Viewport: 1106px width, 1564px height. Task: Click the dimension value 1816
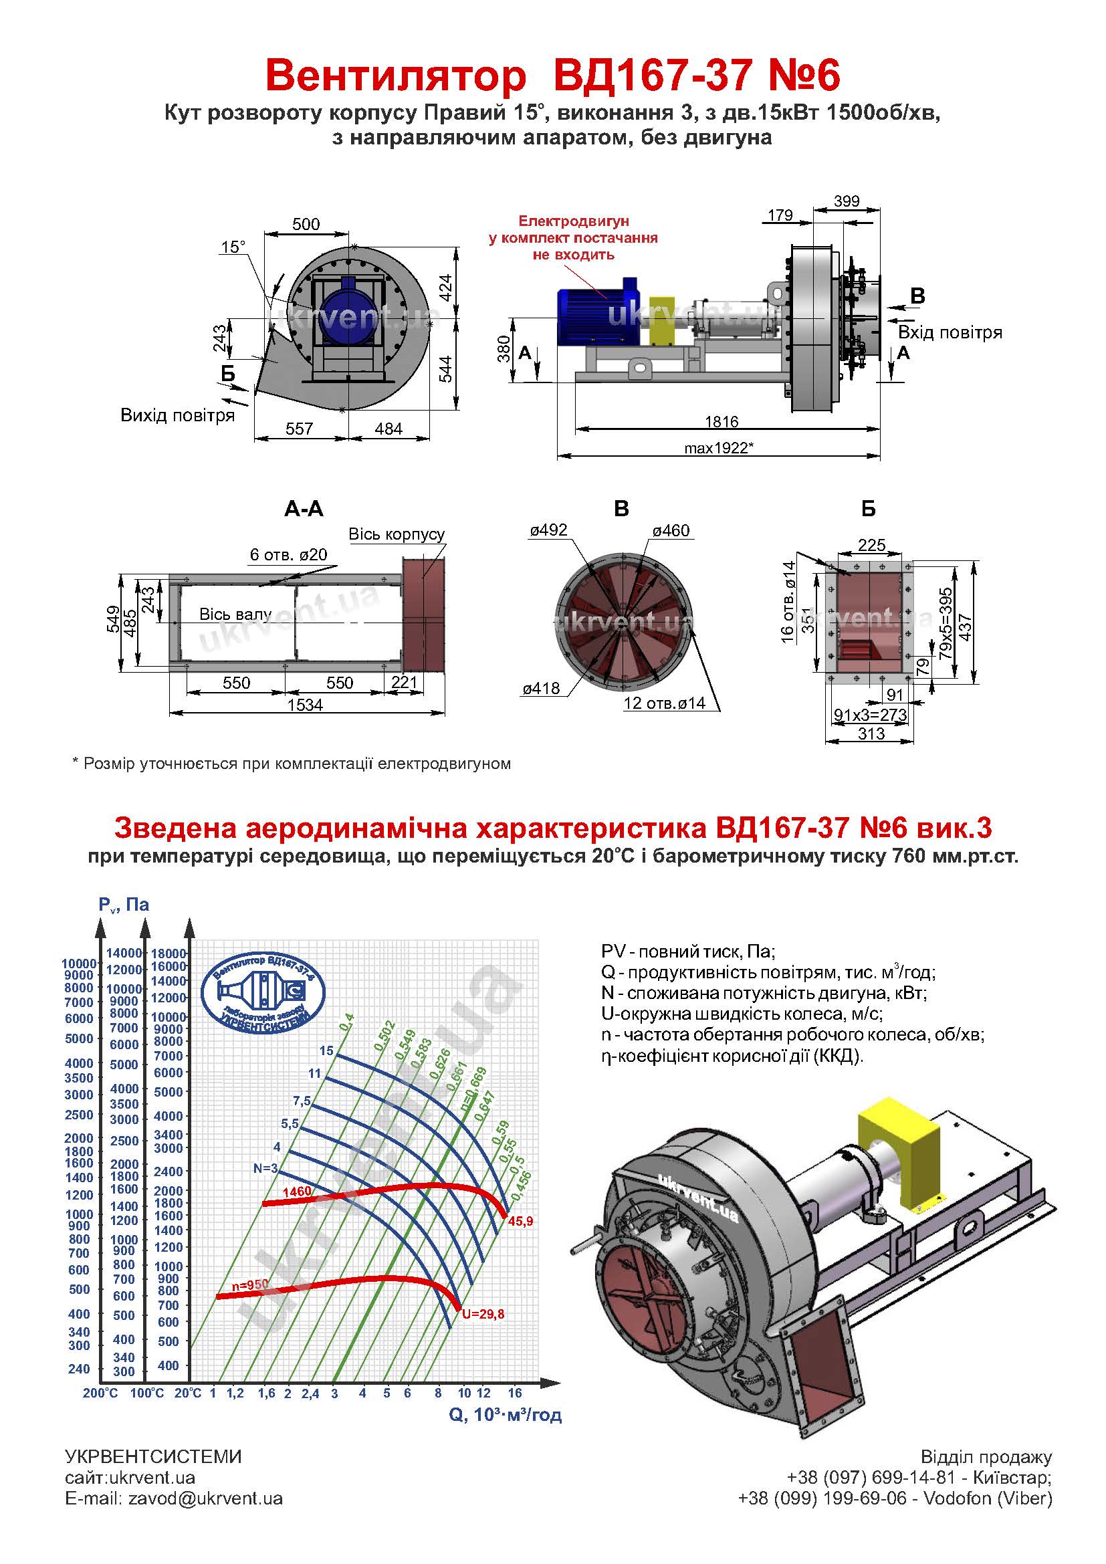[x=722, y=422]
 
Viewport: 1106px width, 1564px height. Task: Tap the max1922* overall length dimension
[x=720, y=448]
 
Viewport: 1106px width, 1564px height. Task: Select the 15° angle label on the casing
[x=233, y=247]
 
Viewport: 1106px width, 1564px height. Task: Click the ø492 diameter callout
[x=548, y=530]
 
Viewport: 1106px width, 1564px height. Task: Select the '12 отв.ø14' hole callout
[x=665, y=703]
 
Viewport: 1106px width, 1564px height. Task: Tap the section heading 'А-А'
[x=304, y=508]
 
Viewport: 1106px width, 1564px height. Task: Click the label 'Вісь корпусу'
[x=397, y=534]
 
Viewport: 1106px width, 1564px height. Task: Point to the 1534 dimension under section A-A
[x=304, y=705]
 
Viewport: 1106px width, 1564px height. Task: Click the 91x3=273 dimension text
[x=871, y=715]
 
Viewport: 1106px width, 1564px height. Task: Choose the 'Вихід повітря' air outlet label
[x=178, y=415]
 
